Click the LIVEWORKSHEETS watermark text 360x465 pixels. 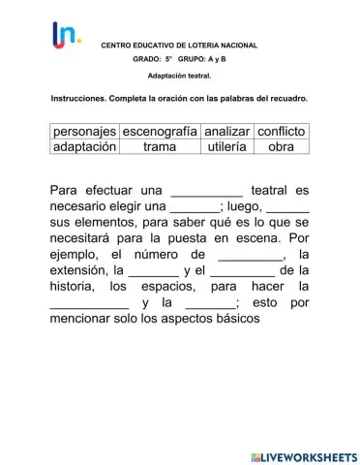point(310,454)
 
